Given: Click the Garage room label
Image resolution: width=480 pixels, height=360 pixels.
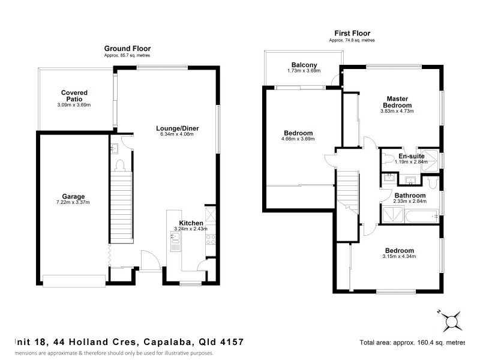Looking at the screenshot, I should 73,196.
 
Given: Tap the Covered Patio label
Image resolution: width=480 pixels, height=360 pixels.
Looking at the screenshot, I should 74,96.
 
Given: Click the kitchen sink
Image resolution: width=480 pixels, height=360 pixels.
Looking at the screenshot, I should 175,242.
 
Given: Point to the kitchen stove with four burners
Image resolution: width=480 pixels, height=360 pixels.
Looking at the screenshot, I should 210,240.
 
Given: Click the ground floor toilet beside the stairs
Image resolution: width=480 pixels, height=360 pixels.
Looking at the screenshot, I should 119,164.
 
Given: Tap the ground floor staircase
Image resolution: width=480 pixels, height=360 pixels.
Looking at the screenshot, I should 121,204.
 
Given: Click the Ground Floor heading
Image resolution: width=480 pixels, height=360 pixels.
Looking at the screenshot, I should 127,49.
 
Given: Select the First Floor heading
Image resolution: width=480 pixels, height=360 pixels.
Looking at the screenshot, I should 352,34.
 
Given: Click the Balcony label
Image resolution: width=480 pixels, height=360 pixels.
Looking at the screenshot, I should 304,65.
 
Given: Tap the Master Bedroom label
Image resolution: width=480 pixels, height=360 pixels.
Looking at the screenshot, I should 397,102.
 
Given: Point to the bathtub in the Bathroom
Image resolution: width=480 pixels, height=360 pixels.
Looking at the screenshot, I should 410,215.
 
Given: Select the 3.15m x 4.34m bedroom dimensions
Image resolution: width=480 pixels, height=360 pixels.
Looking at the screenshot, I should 399,257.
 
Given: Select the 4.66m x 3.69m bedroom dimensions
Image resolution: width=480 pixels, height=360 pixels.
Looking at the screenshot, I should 298,139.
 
